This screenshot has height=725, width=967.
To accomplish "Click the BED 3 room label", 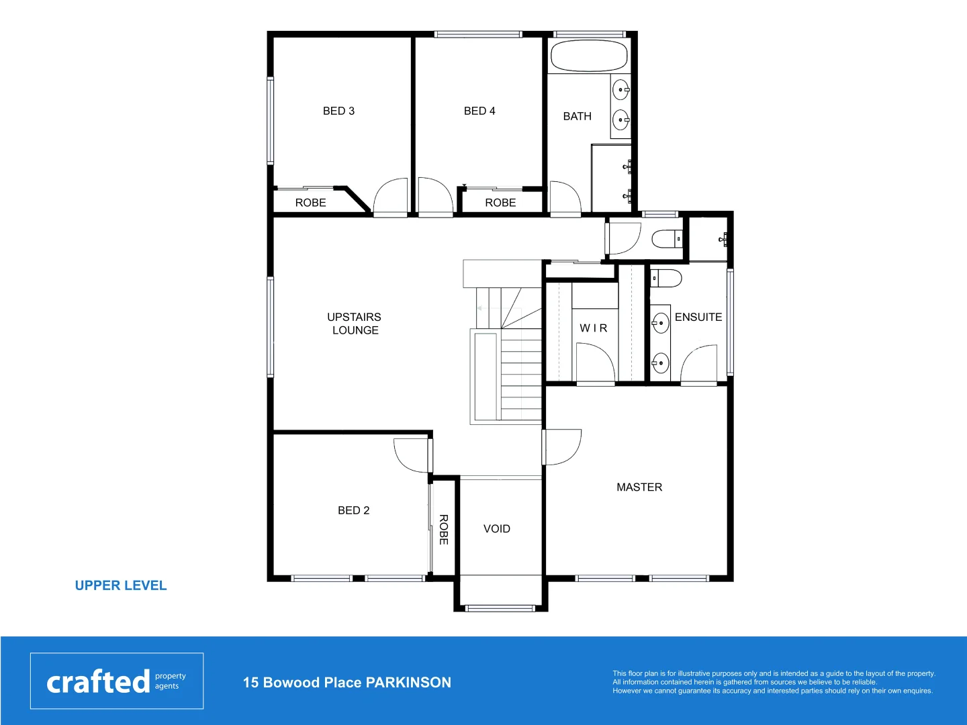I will click(338, 111).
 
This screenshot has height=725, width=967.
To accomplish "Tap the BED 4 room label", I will click(479, 111).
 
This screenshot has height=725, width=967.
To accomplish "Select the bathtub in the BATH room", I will click(589, 56).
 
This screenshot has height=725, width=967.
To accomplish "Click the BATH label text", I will click(577, 116).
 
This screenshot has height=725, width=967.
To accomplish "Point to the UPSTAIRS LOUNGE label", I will click(355, 324).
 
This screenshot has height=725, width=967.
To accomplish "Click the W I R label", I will click(594, 328).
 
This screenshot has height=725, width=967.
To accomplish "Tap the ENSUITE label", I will click(698, 317).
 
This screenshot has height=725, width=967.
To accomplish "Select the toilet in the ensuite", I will click(665, 278).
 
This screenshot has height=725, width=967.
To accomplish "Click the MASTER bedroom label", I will click(639, 487).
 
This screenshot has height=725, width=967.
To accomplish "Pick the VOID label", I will click(497, 529).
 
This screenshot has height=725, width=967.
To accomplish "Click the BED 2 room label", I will click(353, 510).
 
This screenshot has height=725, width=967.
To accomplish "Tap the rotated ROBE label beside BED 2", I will click(443, 529).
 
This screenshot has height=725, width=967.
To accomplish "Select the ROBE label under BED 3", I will click(310, 203).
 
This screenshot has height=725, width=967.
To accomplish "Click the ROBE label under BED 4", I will click(500, 203).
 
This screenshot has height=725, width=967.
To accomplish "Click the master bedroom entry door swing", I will click(563, 447).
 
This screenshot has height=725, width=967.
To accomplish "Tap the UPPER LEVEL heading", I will click(121, 585).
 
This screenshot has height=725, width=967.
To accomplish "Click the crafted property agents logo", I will click(117, 681).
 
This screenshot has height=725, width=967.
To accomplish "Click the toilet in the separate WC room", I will click(666, 239).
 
